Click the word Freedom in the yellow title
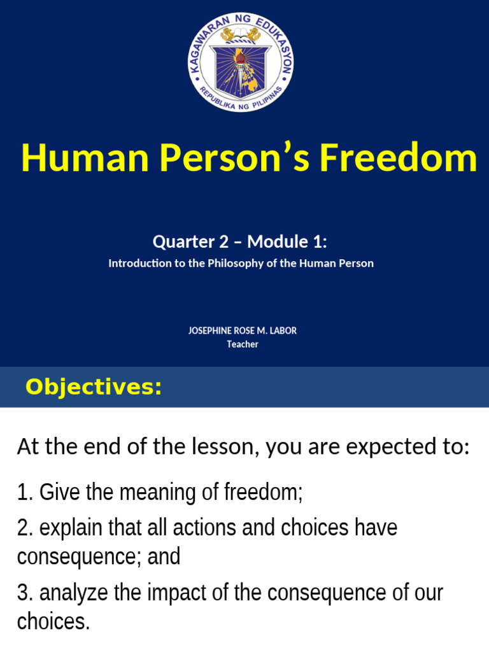pyautogui.click(x=398, y=159)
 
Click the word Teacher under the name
pyautogui.click(x=243, y=344)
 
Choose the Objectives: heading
pyautogui.click(x=94, y=386)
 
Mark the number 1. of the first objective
pyautogui.click(x=25, y=492)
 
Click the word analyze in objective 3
pyautogui.click(x=73, y=593)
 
